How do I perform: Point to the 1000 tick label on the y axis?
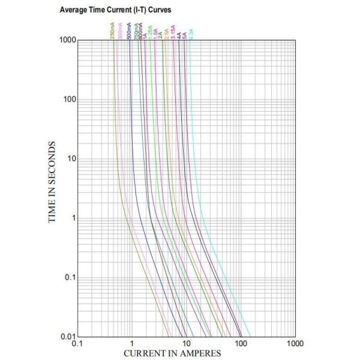(x=67, y=40)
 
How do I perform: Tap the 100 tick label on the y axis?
(x=70, y=100)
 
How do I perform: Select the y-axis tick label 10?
(x=71, y=159)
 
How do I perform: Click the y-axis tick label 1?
(x=73, y=218)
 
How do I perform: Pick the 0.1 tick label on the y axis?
(x=70, y=278)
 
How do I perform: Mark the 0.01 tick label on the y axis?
(x=68, y=336)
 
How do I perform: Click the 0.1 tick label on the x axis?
(x=77, y=344)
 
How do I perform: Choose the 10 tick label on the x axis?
(x=186, y=344)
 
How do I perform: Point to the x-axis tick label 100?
(x=241, y=344)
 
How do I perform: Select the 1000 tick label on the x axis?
(x=295, y=344)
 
